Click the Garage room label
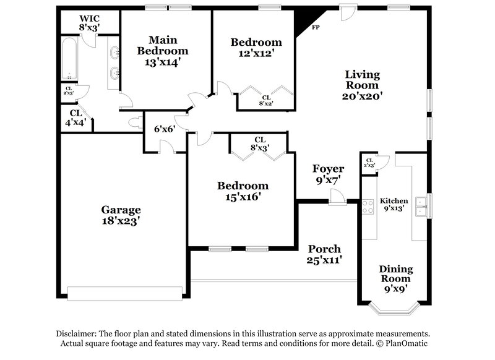pos(121,215)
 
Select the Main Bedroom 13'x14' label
pos(162,50)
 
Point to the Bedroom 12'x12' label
pos(256,48)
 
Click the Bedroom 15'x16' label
pos(242,191)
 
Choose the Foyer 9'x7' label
pos(327,174)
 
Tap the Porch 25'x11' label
pos(325,254)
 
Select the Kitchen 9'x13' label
pos(394,205)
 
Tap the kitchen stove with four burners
pos(368,206)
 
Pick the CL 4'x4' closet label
pos(75,118)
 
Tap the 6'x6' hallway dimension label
pos(165,129)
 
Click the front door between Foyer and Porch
pos(337,199)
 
